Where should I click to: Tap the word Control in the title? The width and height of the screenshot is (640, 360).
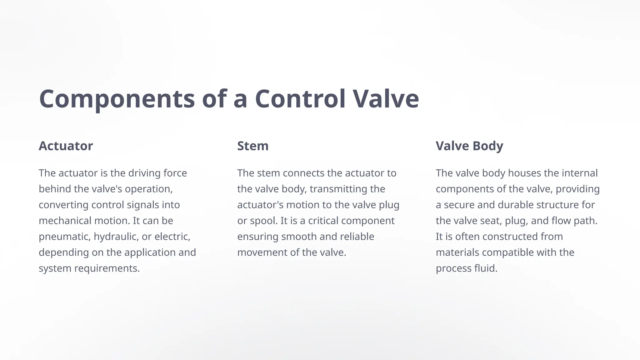coord(300,99)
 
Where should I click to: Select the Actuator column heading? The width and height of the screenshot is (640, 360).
coord(66,146)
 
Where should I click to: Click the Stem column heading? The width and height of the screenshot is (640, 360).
coord(253,146)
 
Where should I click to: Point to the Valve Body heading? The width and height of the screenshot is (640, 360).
coord(469,146)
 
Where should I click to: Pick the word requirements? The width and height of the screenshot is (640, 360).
coord(107,268)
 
